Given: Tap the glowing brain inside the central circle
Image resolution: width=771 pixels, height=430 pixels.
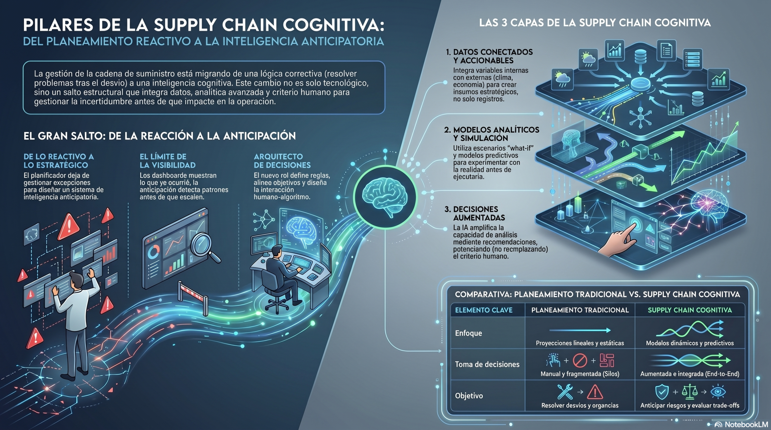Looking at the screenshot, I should (x=385, y=197).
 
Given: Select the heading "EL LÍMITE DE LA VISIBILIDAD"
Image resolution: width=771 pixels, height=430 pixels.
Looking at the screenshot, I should (x=167, y=161).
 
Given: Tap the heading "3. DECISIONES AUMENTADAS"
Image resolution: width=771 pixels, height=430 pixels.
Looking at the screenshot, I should (x=475, y=213).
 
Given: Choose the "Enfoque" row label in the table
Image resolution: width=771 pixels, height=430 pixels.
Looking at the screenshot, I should (x=468, y=333).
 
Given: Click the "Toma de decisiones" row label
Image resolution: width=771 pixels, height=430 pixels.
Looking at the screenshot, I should (x=487, y=364).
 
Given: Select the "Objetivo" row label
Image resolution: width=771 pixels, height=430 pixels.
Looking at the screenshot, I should (x=469, y=396).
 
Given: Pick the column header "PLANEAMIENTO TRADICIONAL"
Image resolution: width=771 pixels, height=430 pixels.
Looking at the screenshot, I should (x=580, y=310).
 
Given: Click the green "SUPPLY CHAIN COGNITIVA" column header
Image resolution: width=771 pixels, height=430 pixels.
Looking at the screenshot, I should (x=690, y=310).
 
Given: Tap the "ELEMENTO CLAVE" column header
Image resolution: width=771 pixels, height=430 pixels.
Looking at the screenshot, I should (x=484, y=310).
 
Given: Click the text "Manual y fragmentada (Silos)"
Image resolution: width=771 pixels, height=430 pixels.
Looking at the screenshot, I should (x=580, y=374).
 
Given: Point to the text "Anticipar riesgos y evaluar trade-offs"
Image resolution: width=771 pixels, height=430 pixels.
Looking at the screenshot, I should (x=690, y=405).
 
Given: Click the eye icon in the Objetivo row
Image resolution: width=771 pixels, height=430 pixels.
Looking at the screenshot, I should (x=718, y=391).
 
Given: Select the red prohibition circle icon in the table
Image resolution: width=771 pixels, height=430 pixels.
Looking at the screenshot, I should (x=580, y=360).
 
